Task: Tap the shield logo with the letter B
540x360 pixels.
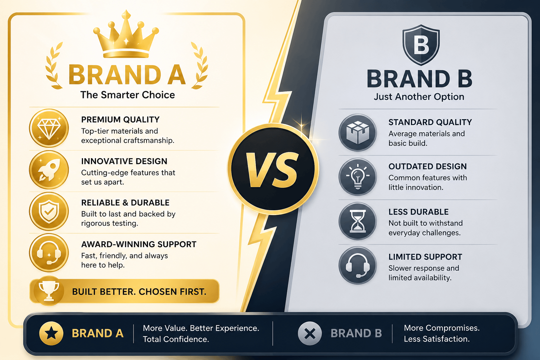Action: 421,45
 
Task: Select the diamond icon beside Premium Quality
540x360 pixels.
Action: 49,128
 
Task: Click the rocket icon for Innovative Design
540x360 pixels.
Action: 49,170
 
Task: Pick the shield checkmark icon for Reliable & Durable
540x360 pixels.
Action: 49,211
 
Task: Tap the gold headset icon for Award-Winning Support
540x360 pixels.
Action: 49,253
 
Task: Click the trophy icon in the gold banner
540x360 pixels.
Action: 49,291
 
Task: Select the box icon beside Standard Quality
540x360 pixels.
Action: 358,133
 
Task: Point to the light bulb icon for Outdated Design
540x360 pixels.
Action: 358,177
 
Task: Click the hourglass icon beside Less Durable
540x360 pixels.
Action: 358,221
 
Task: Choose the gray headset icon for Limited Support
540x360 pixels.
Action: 358,265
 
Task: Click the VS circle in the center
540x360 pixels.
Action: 273,169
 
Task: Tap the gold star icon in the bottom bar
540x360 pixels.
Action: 51,334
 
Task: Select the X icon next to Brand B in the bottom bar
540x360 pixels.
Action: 310,334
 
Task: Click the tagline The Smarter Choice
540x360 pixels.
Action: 128,95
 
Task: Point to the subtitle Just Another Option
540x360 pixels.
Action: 419,97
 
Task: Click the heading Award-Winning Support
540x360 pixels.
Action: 139,244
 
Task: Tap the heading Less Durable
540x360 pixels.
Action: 418,212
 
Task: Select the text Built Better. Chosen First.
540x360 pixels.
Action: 139,292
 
